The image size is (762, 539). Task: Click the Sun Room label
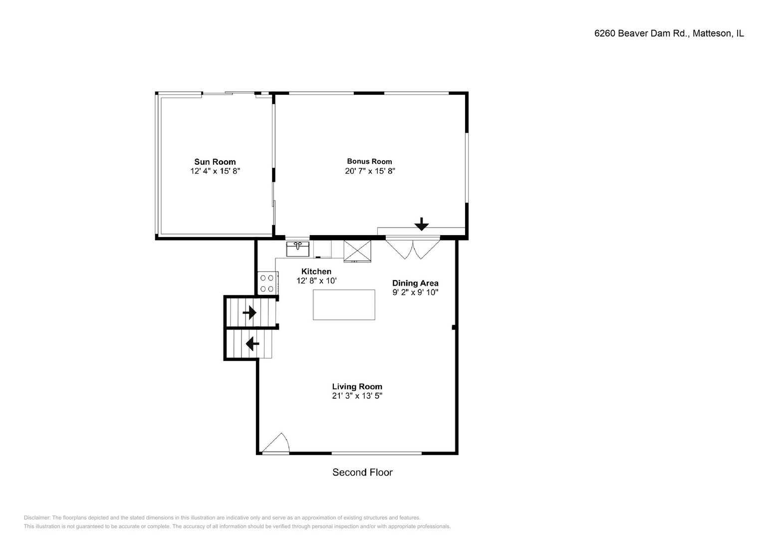point(215,162)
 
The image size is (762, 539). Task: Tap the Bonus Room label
point(369,161)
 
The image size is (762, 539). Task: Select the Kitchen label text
point(316,271)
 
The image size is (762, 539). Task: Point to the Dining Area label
point(415,283)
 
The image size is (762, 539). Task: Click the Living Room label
point(357,387)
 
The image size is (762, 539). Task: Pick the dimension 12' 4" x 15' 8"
point(215,171)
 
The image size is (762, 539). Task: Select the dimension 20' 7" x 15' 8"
point(370,171)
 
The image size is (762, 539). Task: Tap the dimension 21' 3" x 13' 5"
point(357,396)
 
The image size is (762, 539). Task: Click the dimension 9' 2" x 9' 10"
point(415,292)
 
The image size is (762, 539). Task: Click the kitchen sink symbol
point(297,249)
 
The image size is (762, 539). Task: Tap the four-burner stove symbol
point(267,283)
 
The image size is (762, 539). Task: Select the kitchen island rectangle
point(344,305)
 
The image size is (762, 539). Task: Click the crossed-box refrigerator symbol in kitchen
point(357,251)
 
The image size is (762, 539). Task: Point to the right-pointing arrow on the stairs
point(250,312)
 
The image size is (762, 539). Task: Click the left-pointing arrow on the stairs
point(253,344)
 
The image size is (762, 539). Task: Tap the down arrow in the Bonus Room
point(422,224)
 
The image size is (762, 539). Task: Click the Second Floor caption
point(362,472)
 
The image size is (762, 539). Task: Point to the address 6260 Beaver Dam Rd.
point(642,33)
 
